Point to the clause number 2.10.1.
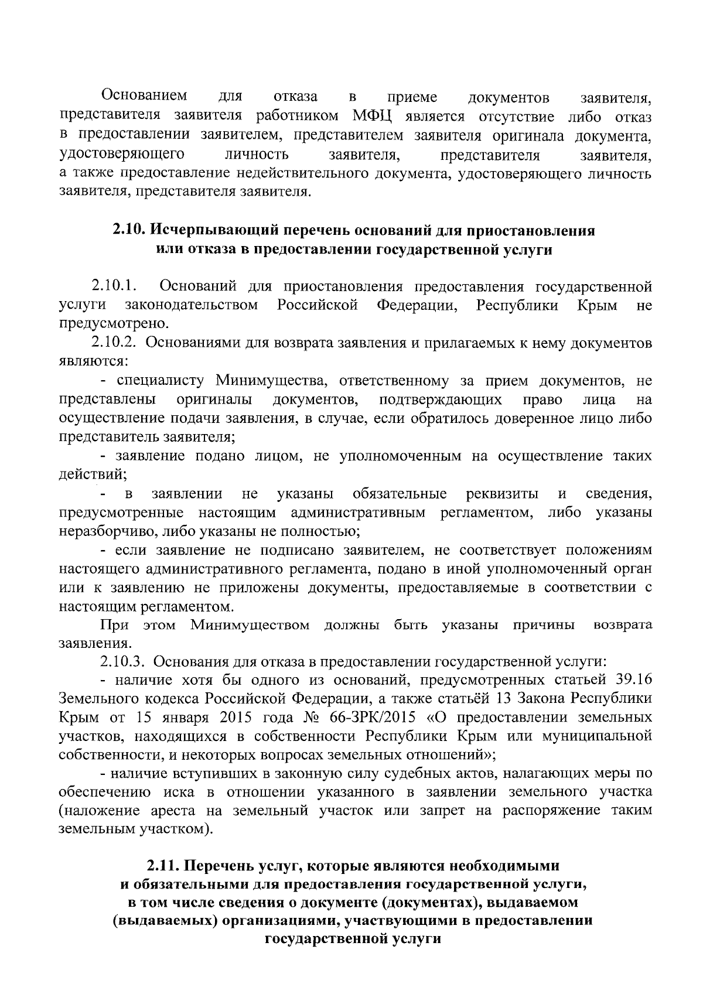tap(114, 286)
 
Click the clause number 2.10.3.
tap(122, 662)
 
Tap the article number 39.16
tap(632, 681)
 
